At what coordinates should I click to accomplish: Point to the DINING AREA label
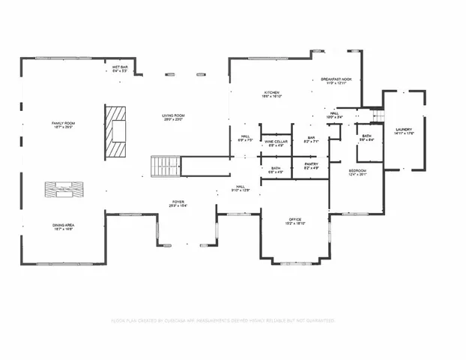64,225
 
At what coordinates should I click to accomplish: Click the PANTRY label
312,165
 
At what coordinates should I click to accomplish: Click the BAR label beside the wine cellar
311,139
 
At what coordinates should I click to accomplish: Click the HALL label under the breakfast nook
333,115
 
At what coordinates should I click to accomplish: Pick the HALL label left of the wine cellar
244,137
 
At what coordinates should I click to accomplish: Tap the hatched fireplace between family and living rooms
116,130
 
